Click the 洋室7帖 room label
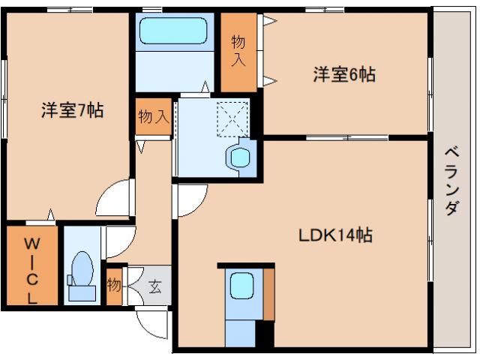click(72, 111)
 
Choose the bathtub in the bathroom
click(177, 32)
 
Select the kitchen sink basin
click(241, 285)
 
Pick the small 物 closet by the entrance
click(114, 286)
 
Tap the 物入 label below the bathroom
click(152, 117)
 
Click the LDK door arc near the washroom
click(190, 200)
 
